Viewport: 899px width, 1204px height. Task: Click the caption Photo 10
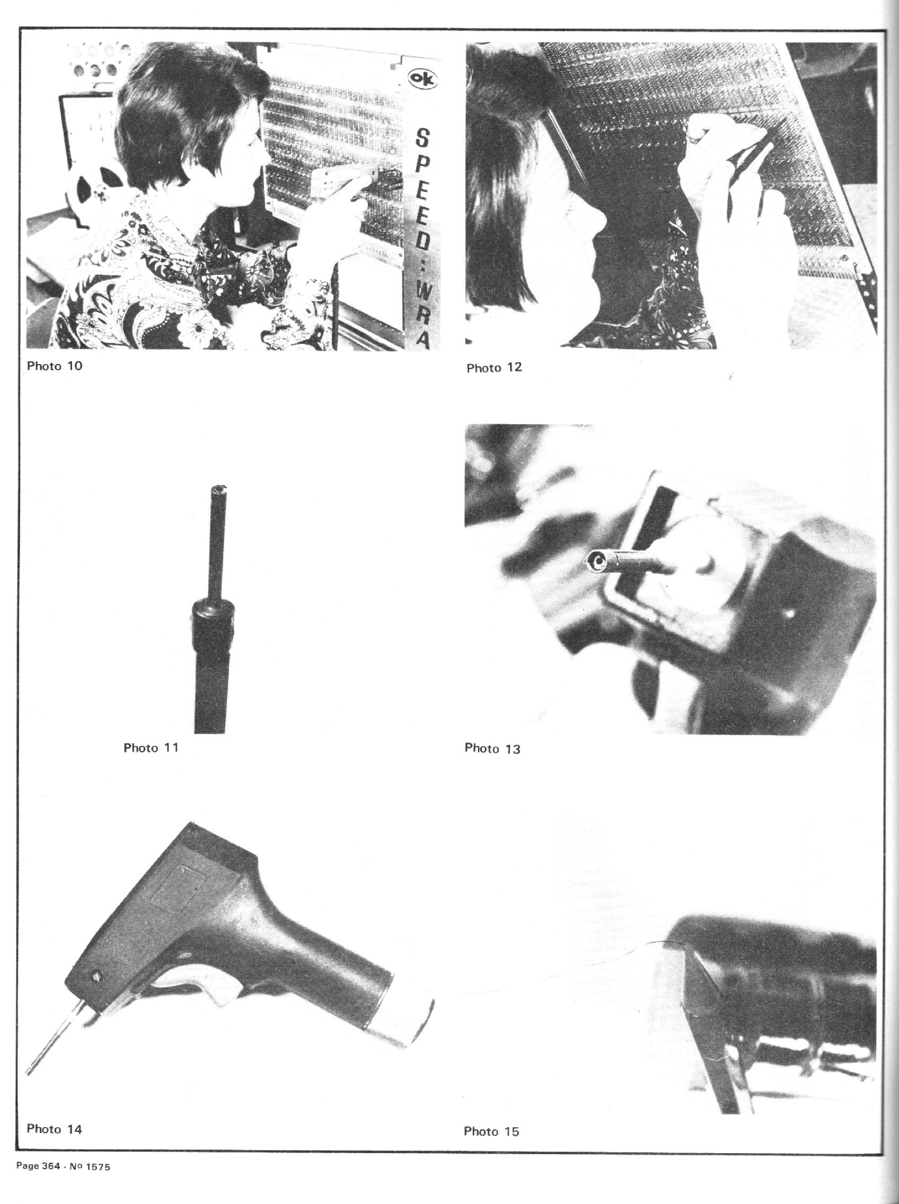pos(55,366)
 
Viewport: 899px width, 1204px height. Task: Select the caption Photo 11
pos(151,748)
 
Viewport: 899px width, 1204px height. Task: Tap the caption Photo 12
pos(494,368)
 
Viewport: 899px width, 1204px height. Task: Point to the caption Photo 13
pos(492,749)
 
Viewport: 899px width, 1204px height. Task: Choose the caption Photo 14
pos(55,1129)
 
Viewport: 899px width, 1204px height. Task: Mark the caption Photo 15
pos(491,1131)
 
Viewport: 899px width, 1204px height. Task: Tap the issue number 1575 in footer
pos(98,1166)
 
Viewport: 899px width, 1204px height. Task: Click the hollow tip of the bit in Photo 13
pos(597,562)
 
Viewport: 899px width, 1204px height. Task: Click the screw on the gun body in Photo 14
pos(98,977)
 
